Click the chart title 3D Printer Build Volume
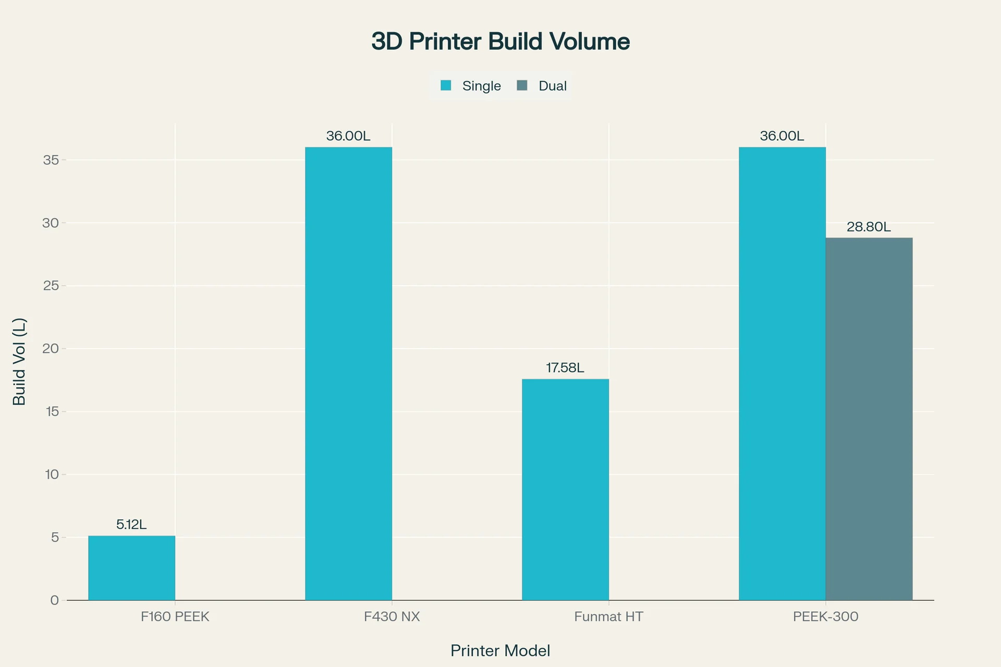(x=500, y=42)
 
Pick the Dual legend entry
(x=542, y=86)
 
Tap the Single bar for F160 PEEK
(x=131, y=568)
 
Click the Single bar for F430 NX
(x=348, y=373)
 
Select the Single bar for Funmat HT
(x=565, y=489)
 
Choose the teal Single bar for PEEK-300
(x=782, y=373)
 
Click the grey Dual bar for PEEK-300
(x=869, y=418)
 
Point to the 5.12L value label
(x=131, y=524)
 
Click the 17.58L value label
(x=565, y=368)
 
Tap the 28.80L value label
(x=869, y=227)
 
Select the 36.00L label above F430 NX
(x=348, y=136)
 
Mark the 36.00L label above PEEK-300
(x=782, y=136)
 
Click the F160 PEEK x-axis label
(x=175, y=617)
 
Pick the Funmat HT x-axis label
(x=609, y=617)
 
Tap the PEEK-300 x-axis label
(x=826, y=617)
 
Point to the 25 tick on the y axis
(x=51, y=286)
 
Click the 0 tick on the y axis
(x=55, y=600)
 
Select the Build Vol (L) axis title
(x=19, y=362)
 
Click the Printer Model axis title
(x=500, y=651)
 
